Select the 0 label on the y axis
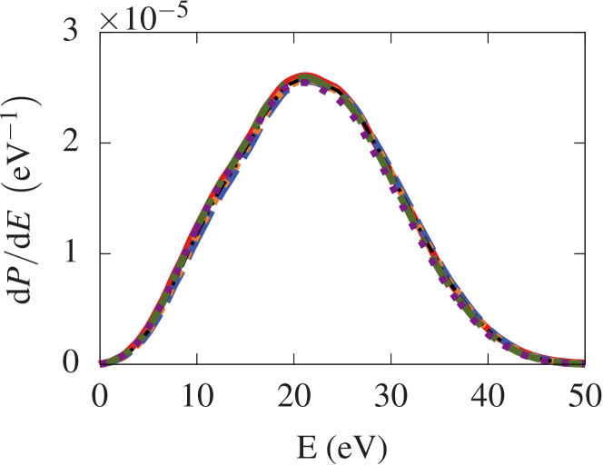point(72,362)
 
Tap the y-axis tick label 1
point(72,252)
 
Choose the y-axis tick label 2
point(72,141)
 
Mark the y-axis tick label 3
point(72,30)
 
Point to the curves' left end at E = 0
point(100,361)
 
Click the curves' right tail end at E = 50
point(581,362)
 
